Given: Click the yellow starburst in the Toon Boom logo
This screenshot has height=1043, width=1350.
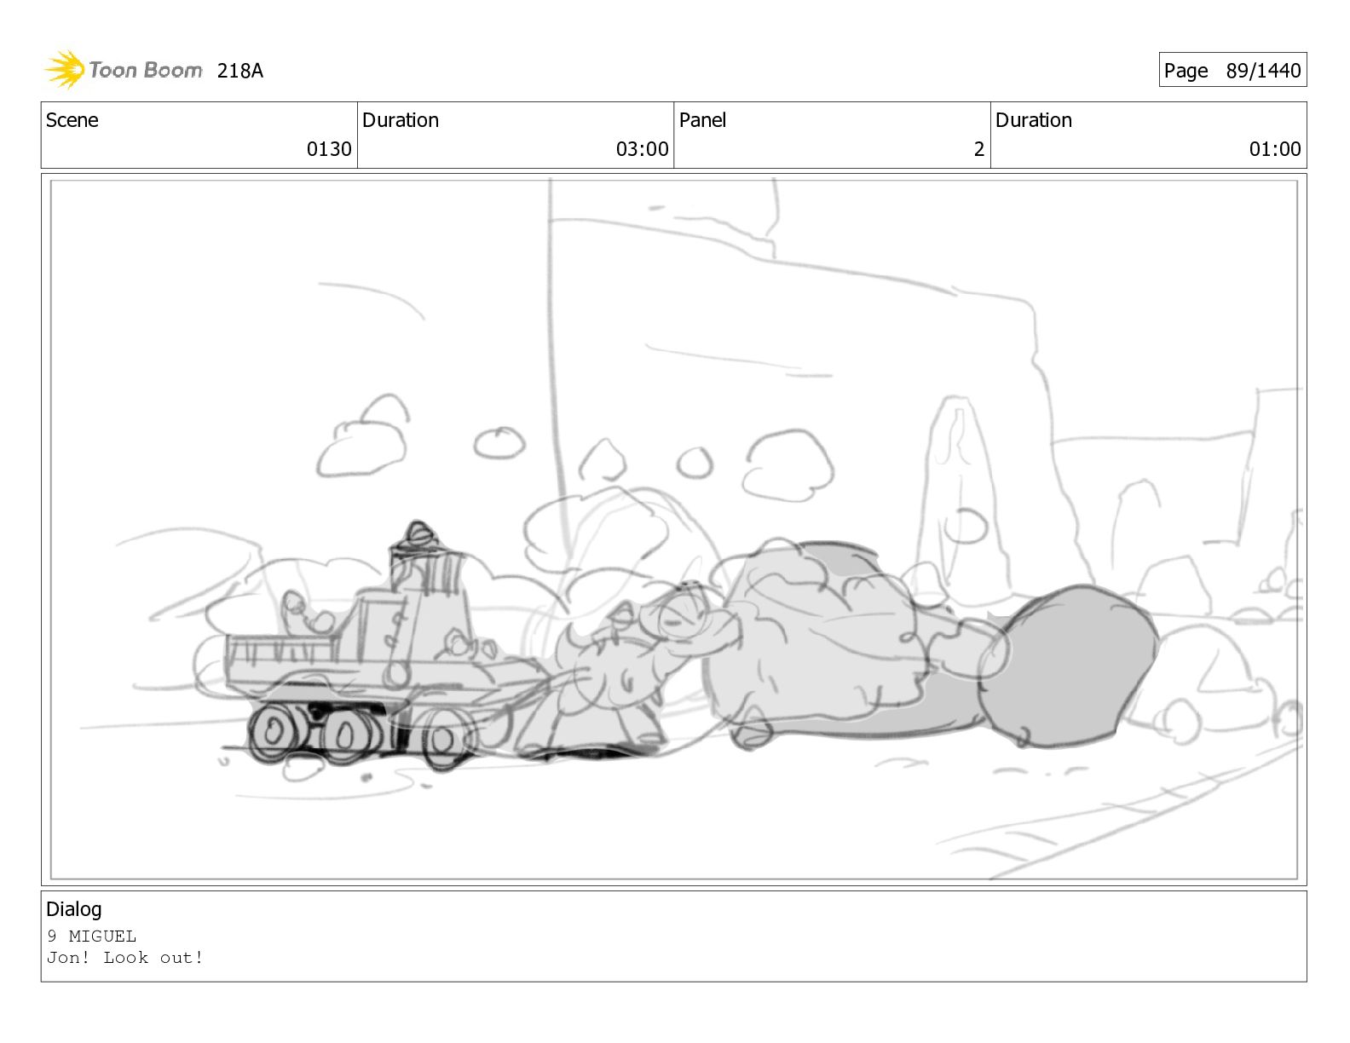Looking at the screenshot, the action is (65, 69).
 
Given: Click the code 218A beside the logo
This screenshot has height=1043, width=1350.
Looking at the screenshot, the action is (239, 71).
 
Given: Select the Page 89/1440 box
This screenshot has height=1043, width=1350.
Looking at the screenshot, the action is (1232, 70).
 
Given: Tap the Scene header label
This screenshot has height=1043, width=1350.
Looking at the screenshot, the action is (72, 120).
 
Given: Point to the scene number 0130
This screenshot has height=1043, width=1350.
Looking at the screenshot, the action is (329, 149).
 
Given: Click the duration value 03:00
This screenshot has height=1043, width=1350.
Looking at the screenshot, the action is (642, 149).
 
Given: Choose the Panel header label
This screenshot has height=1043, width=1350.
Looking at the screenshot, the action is (702, 120).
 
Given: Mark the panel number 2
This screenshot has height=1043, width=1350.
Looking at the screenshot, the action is (978, 149).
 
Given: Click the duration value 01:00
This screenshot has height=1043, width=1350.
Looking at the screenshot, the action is (1275, 149).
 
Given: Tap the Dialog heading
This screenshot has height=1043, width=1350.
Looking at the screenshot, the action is (74, 909).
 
